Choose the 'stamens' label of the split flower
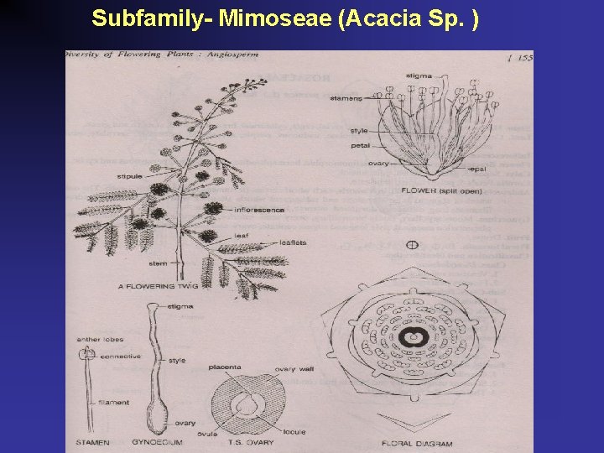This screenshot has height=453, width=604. click(346, 97)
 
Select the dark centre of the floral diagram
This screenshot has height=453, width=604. click(413, 337)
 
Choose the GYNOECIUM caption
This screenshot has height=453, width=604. click(159, 441)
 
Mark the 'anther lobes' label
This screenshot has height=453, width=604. click(100, 340)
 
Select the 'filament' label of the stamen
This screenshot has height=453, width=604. click(113, 403)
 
